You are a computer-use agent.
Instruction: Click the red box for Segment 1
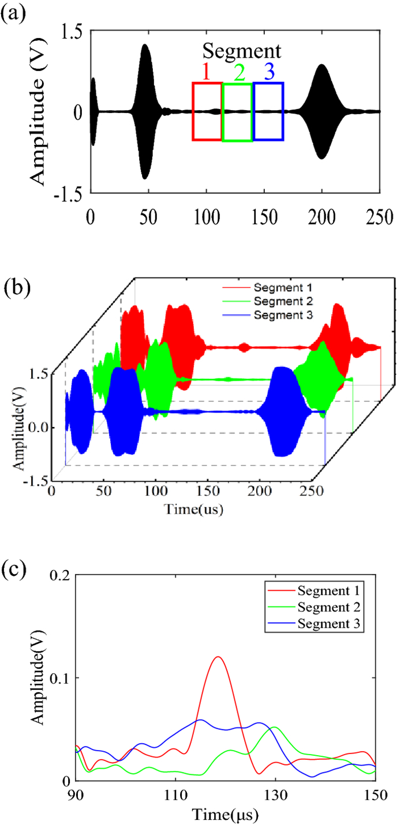[x=207, y=111]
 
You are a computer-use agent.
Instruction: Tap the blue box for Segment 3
[x=268, y=111]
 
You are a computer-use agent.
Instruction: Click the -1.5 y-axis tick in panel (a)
[x=69, y=194]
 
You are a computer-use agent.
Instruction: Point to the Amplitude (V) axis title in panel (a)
[x=38, y=112]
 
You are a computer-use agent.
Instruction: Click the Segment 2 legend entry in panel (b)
[x=276, y=301]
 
